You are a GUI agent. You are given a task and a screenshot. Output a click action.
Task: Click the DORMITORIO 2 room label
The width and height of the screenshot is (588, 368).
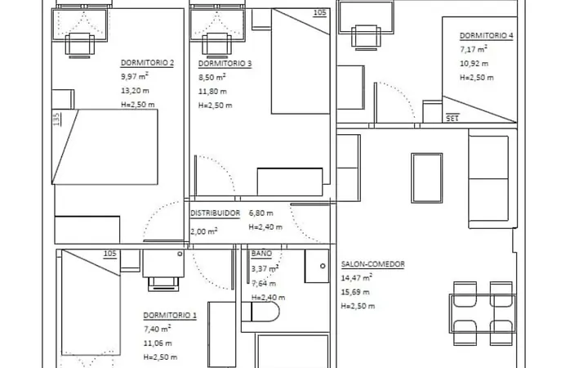click(x=147, y=63)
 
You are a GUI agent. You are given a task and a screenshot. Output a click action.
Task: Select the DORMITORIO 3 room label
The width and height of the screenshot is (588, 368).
click(x=225, y=64)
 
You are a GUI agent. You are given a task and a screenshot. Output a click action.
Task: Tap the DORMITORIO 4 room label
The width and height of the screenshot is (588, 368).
click(x=487, y=36)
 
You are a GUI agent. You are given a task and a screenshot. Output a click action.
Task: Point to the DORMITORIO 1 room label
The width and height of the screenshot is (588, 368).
click(x=170, y=315)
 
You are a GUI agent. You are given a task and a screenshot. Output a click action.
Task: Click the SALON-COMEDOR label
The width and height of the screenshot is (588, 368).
click(x=372, y=264)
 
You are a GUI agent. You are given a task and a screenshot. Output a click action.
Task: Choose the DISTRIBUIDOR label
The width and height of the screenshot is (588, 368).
click(x=215, y=213)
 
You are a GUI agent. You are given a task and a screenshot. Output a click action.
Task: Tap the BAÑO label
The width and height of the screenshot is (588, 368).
click(x=261, y=254)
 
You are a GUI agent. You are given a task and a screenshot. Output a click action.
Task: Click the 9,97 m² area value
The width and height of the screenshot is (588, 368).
click(x=135, y=76)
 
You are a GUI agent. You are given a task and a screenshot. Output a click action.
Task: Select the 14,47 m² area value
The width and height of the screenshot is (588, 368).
click(x=356, y=278)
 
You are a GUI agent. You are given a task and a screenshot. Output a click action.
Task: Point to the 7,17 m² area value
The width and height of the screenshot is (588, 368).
click(x=474, y=49)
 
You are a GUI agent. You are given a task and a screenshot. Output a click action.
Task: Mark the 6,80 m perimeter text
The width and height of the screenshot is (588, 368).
click(x=261, y=213)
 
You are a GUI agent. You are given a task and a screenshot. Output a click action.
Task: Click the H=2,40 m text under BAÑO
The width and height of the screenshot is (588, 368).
click(x=268, y=298)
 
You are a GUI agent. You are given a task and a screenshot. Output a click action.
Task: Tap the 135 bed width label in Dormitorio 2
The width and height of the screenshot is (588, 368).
click(x=56, y=119)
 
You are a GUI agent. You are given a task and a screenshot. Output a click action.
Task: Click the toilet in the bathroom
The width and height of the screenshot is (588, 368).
click(x=261, y=312)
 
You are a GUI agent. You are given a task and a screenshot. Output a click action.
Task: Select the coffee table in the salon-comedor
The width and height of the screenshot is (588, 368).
click(x=427, y=178)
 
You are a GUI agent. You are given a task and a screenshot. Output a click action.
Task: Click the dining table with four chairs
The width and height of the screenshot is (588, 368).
click(x=483, y=313)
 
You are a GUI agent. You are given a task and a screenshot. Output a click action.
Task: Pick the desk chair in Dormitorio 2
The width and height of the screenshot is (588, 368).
click(x=80, y=45)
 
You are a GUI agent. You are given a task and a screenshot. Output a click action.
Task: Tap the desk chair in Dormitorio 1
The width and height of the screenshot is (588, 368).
click(x=163, y=284)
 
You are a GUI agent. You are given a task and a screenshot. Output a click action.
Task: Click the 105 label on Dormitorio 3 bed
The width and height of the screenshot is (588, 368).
click(x=319, y=12)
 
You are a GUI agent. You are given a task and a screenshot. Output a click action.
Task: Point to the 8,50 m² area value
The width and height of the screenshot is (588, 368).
click(x=212, y=77)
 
